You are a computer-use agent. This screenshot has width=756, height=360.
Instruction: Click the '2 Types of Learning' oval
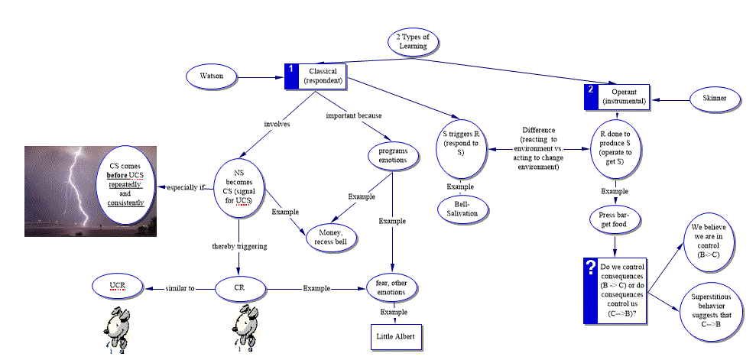[x=413, y=42]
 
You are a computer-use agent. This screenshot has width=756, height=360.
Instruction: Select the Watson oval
[x=212, y=76]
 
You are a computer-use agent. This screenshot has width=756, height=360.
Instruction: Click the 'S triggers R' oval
[x=461, y=149]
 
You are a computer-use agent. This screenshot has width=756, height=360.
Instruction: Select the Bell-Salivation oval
[x=461, y=209]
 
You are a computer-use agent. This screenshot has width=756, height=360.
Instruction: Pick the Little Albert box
[x=396, y=336]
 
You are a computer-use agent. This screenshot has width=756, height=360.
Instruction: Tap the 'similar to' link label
[x=180, y=288]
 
